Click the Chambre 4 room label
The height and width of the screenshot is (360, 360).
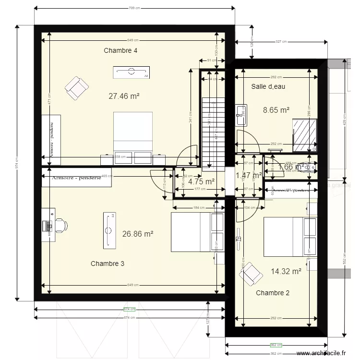pos(120,50)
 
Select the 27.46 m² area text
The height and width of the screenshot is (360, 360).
pos(124,96)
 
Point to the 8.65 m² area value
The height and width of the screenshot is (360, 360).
pos(276,110)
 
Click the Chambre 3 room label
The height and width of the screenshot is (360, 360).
pos(108,264)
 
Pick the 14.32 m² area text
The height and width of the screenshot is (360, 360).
pos(286,271)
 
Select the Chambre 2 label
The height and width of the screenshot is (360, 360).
pos(273,293)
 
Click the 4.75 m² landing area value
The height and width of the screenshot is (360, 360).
pos(201,181)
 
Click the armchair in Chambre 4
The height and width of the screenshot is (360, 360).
pos(76,88)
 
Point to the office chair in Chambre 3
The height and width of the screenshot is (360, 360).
pos(61,225)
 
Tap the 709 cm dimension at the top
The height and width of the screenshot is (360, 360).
pos(134,8)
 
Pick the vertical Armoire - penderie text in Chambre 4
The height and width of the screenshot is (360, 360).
pos(51,136)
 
